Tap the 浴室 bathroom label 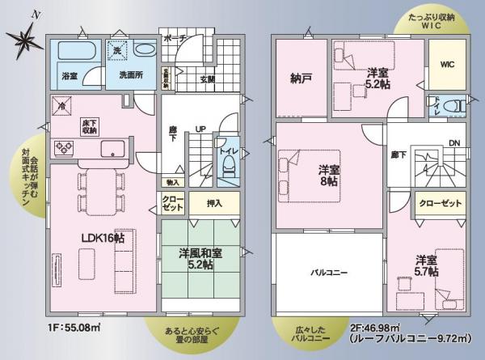[70, 76]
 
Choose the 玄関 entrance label [207, 79]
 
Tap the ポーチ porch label [175, 39]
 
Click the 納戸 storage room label [302, 79]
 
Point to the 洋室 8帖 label [327, 176]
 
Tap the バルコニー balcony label [329, 273]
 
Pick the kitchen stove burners [62, 146]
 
